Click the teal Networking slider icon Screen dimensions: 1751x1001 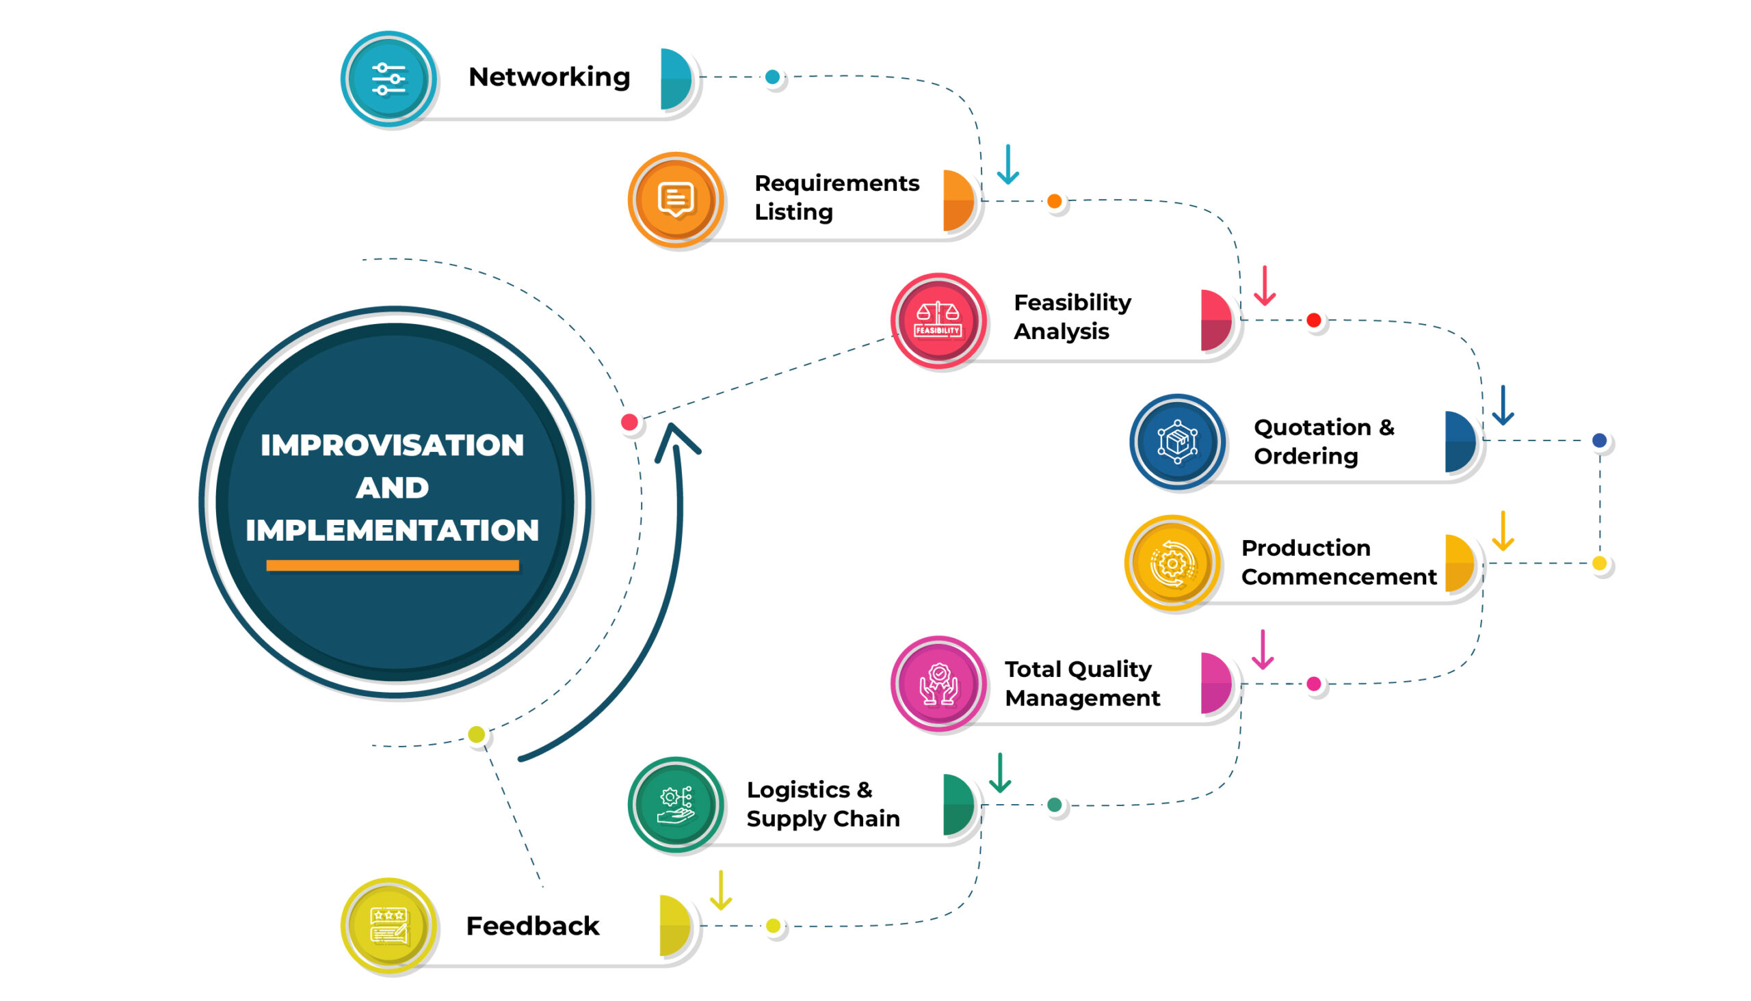[x=389, y=79]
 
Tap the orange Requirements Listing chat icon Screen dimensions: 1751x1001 [x=675, y=200]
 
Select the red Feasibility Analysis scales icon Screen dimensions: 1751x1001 [x=938, y=321]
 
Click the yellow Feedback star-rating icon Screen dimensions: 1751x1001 [x=389, y=925]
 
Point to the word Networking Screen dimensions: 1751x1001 [x=549, y=78]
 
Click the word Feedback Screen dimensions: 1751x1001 [x=532, y=926]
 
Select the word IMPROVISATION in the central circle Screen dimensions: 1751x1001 [x=392, y=446]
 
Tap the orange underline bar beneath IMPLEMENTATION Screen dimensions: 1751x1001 [x=393, y=565]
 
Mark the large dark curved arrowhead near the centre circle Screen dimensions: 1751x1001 [x=676, y=442]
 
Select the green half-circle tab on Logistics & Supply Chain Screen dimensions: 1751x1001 [x=959, y=804]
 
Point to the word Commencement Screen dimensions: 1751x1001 [x=1339, y=577]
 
